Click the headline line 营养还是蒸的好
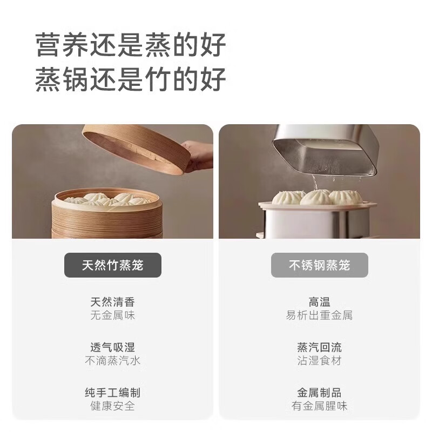130,45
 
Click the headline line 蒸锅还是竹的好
130,79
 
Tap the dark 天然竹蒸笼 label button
113,265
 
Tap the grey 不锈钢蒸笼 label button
319,265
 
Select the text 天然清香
112,302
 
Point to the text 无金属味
112,315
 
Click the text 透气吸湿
112,347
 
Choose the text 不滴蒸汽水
112,361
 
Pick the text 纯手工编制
112,393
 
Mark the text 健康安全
112,406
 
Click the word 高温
319,302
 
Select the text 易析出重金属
319,315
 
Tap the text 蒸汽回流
319,347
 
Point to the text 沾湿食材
319,361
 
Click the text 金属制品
319,393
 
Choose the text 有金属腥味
319,406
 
